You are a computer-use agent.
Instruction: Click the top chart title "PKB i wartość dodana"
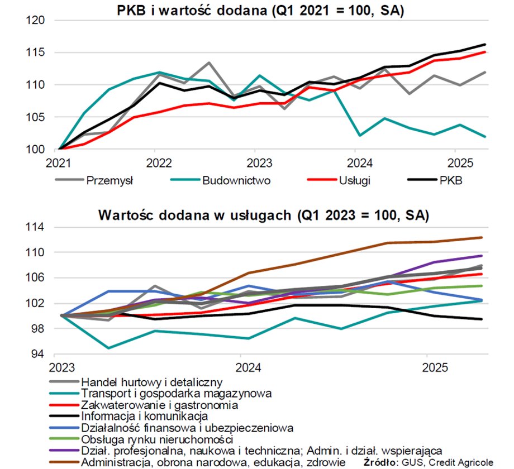point(260,10)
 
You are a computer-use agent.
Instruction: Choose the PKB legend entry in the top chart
point(452,180)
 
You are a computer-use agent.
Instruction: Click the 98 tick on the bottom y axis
point(41,329)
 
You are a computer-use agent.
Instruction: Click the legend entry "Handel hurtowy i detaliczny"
point(152,382)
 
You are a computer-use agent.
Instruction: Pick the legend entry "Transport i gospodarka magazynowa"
point(177,394)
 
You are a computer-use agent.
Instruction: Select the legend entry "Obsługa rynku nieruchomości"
point(158,439)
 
